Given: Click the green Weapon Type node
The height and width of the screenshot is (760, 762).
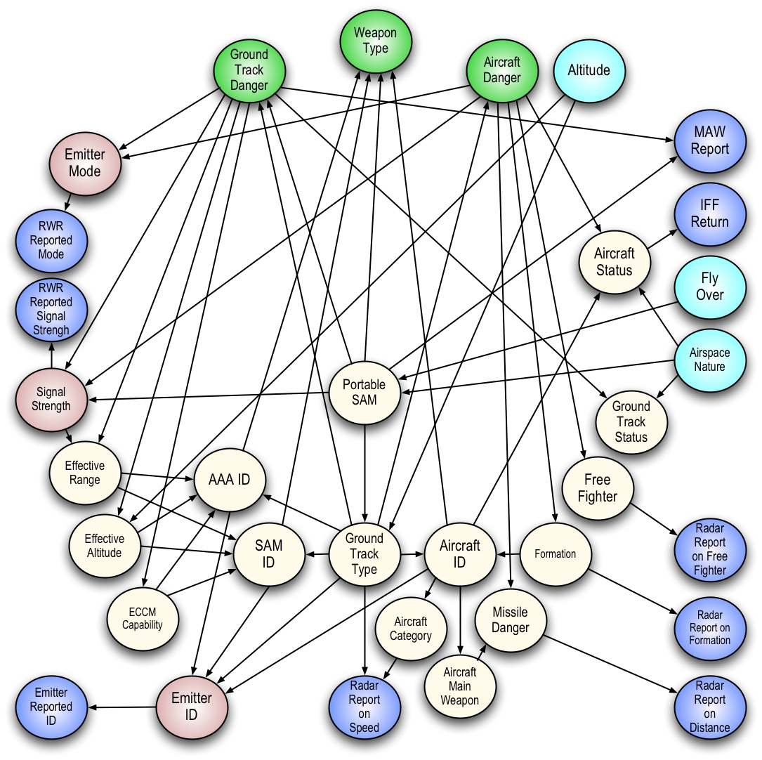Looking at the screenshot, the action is [376, 41].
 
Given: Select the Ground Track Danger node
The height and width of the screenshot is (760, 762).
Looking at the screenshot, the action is [249, 70].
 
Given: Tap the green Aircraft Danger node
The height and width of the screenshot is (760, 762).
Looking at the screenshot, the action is [502, 70].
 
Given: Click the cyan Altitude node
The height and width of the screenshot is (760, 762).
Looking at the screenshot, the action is [589, 70].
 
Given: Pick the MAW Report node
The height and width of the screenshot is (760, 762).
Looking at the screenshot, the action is [709, 141].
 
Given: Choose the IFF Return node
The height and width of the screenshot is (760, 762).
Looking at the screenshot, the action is [709, 214].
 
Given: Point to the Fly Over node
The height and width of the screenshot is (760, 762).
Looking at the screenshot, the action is [709, 287].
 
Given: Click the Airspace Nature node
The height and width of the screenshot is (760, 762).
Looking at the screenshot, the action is [709, 360].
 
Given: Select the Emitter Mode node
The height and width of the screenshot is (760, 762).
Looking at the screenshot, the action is [85, 163].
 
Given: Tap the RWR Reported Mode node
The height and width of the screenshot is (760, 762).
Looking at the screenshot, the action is [51, 240].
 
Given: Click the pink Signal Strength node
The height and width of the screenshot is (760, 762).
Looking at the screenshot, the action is [51, 400].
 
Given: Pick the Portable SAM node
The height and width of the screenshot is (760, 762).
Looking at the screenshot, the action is [364, 393].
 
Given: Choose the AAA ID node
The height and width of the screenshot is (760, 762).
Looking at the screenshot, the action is [230, 480].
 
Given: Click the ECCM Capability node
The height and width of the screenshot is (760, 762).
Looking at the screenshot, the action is [143, 619].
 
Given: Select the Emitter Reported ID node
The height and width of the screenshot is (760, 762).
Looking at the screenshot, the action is [51, 707].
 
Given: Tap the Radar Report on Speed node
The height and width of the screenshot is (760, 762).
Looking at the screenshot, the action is [364, 707].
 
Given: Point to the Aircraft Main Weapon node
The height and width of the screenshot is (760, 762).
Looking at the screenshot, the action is [460, 686].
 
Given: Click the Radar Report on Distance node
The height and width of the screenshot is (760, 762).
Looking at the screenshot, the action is [709, 707].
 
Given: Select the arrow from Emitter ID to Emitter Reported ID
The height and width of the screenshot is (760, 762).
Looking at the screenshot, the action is [122, 707].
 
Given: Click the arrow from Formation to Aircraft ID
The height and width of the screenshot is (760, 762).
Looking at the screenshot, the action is [508, 553].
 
